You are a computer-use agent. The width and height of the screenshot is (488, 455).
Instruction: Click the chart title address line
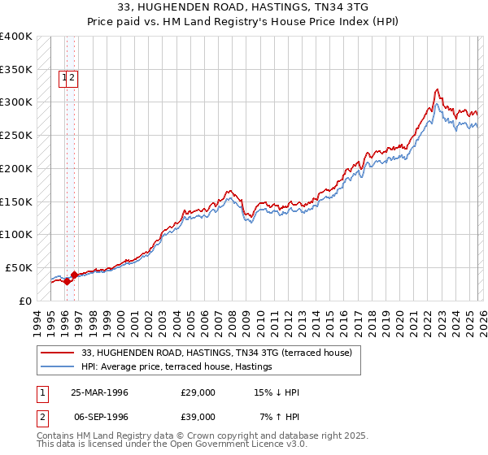(244, 6)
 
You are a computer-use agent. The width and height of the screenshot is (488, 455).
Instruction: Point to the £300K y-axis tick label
(16, 102)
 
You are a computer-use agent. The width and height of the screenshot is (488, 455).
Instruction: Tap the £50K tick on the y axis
(19, 267)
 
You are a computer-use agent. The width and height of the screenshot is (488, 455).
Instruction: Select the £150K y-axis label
(16, 201)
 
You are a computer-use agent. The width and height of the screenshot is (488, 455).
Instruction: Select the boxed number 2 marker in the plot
(72, 78)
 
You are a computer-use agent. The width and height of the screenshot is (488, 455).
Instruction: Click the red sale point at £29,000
(68, 281)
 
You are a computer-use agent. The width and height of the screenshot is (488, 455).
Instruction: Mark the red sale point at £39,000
(74, 275)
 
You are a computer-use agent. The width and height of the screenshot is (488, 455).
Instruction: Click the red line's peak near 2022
(438, 89)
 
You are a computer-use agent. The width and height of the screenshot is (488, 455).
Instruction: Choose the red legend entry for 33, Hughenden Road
(216, 353)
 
